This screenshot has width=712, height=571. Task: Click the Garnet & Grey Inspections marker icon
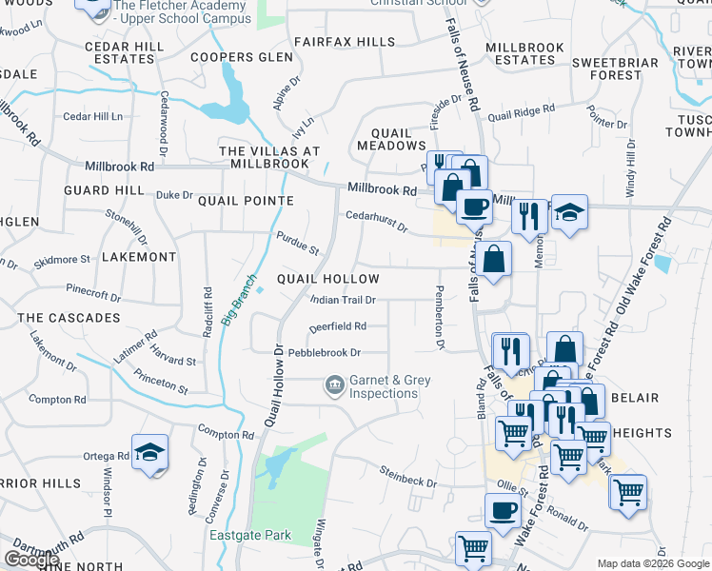[334, 385]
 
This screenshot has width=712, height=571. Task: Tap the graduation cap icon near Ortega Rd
[150, 453]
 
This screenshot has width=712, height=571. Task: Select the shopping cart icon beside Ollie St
[627, 493]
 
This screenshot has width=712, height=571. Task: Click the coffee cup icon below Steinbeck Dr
[503, 509]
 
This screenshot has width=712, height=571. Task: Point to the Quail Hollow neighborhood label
[327, 279]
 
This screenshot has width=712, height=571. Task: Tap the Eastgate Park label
[250, 535]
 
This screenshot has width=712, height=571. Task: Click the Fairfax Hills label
[344, 42]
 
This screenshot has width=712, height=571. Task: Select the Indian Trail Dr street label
[344, 300]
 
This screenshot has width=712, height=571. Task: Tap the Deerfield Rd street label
[337, 326]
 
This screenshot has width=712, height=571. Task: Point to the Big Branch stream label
[238, 302]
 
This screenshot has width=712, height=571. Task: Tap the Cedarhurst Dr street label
[376, 221]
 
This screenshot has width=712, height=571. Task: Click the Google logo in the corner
[32, 560]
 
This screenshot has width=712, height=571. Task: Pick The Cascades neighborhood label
[69, 317]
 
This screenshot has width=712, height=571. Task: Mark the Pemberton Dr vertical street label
[439, 317]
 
